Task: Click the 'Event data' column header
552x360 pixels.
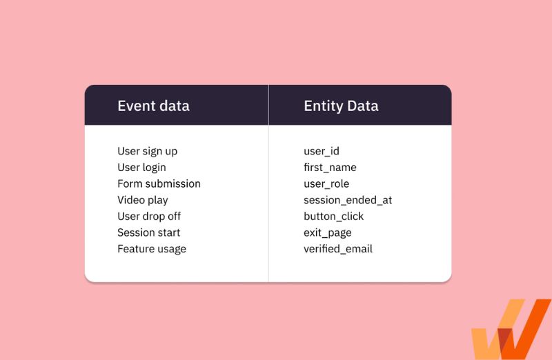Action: pyautogui.click(x=153, y=106)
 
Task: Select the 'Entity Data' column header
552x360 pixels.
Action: pyautogui.click(x=341, y=106)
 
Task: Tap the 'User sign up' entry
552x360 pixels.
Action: pyautogui.click(x=147, y=151)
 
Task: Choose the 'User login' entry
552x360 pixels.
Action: pyautogui.click(x=141, y=168)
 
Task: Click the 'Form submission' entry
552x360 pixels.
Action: pyautogui.click(x=159, y=183)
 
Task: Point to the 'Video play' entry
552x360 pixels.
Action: pyautogui.click(x=142, y=200)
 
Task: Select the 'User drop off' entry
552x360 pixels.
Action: pyautogui.click(x=149, y=217)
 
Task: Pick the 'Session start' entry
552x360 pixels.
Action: pyautogui.click(x=148, y=232)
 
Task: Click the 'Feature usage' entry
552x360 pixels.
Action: pyautogui.click(x=152, y=249)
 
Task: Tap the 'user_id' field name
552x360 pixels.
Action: pyautogui.click(x=322, y=151)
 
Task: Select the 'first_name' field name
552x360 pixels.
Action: pyautogui.click(x=330, y=168)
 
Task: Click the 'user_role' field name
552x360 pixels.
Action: pyautogui.click(x=326, y=184)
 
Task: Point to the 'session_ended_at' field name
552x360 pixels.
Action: pyautogui.click(x=348, y=200)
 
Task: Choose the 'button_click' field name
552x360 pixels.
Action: pyautogui.click(x=333, y=217)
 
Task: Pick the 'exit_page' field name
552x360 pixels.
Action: pyautogui.click(x=327, y=233)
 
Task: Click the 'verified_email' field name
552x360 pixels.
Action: pyautogui.click(x=338, y=249)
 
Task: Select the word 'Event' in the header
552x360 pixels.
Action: pyautogui.click(x=135, y=106)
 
